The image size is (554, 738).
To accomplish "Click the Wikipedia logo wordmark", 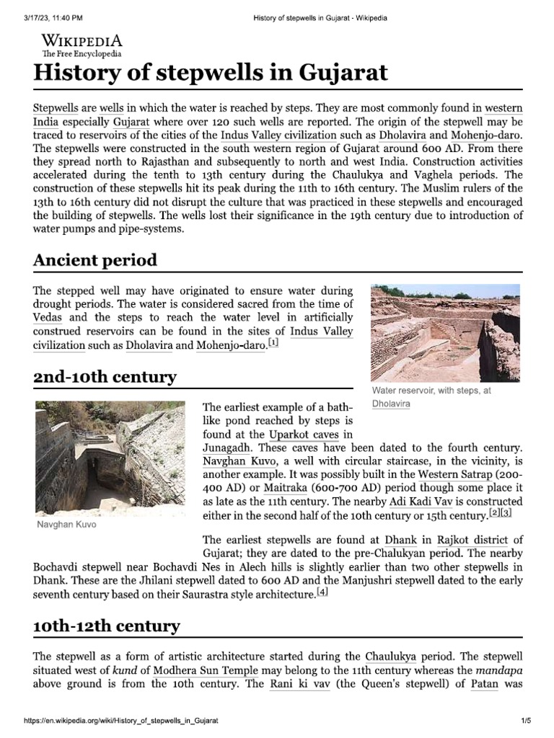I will (x=82, y=40).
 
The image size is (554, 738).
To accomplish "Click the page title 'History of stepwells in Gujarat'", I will (x=211, y=72).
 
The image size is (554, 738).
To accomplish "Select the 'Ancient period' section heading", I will (x=95, y=259).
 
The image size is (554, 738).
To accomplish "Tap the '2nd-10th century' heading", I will (x=105, y=377).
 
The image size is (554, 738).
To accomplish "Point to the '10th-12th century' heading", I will (x=107, y=626).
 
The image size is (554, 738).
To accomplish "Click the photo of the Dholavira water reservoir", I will (x=444, y=332).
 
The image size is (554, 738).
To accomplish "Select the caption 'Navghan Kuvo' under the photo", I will (x=66, y=524).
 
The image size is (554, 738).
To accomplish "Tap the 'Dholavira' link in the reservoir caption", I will (x=391, y=404).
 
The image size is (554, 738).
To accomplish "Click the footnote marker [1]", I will (x=273, y=344).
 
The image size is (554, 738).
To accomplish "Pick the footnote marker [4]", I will (x=322, y=592).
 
